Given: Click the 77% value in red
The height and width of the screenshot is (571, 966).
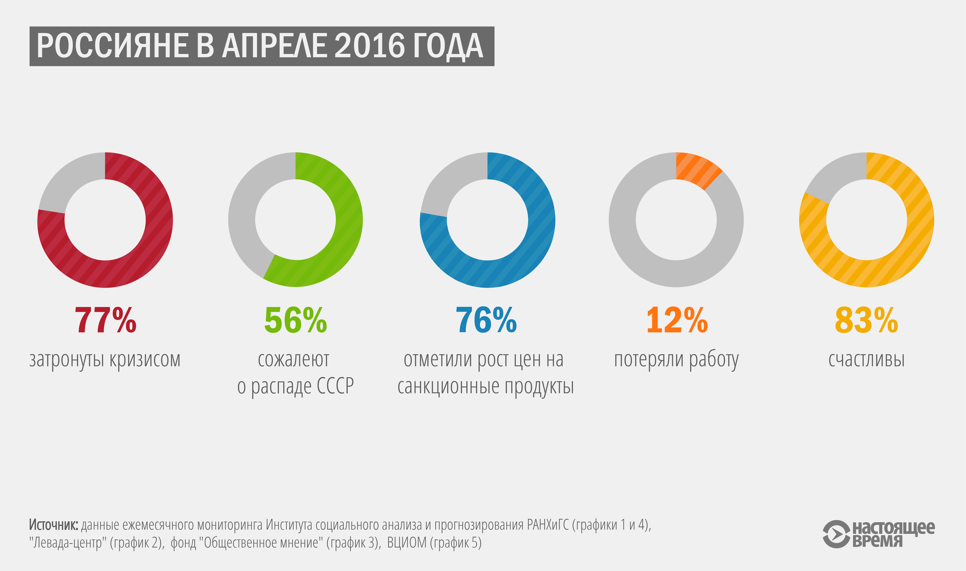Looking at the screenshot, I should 105,320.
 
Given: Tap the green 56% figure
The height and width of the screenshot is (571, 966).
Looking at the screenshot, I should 295,320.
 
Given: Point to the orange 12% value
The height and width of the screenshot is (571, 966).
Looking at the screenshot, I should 677,320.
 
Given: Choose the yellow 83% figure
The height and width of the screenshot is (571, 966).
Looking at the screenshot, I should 866,320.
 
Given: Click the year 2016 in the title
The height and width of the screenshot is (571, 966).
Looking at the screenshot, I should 370,46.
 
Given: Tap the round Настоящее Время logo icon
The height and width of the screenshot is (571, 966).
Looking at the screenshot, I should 836,534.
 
